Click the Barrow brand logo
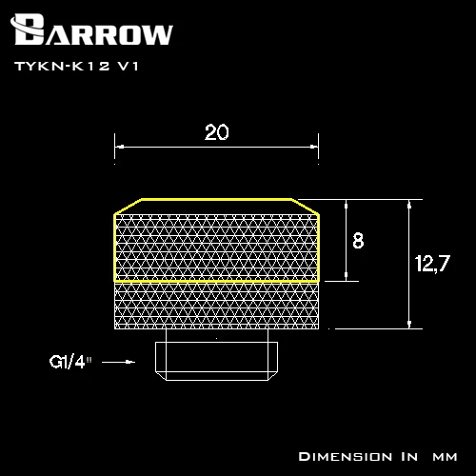click(x=91, y=30)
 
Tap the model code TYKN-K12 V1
click(x=76, y=66)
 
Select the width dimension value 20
click(x=216, y=132)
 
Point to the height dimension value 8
click(x=358, y=240)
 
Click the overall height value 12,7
click(x=432, y=263)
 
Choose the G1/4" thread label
click(x=70, y=362)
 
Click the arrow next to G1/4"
click(x=118, y=362)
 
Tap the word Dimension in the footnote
click(x=346, y=457)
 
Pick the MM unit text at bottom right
click(x=445, y=457)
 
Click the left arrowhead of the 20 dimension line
click(x=119, y=147)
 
